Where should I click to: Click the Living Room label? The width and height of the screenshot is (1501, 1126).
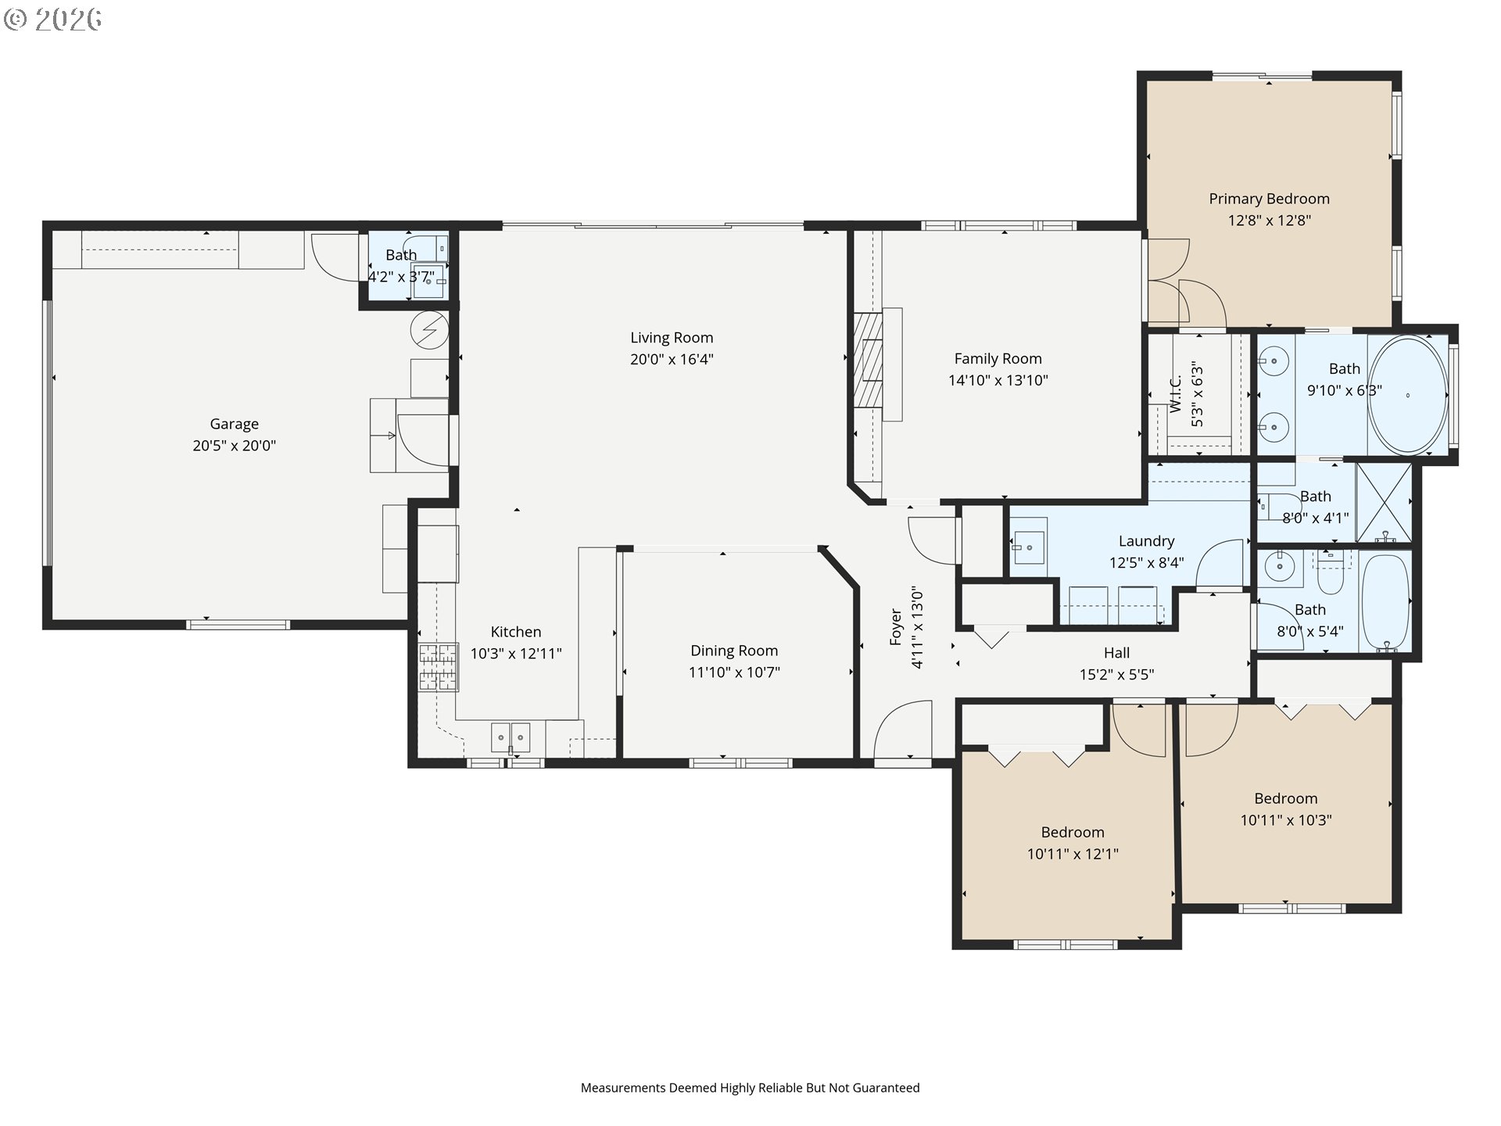[x=672, y=338]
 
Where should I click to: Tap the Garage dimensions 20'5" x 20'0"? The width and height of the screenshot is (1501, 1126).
[x=235, y=446]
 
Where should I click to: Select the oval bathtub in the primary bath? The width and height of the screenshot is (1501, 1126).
[x=1408, y=395]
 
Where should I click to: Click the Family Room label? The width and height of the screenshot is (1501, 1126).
[x=998, y=359]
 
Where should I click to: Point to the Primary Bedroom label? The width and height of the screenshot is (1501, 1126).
[x=1269, y=199]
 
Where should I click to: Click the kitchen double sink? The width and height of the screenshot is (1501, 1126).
[x=510, y=737]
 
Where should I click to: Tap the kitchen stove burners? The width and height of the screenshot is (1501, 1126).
[x=438, y=667]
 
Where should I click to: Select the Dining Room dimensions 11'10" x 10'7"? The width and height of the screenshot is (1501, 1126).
[x=734, y=672]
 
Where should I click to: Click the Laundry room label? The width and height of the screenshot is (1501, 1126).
[x=1146, y=541]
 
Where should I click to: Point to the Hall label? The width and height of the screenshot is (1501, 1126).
[x=1116, y=653]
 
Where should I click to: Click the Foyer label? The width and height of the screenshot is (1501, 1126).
[x=896, y=628]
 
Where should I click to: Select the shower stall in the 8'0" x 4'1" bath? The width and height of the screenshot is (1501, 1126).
[x=1384, y=503]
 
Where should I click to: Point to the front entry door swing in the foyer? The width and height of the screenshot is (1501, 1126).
[x=903, y=730]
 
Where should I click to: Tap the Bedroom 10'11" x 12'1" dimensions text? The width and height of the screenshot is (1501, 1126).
[x=1073, y=854]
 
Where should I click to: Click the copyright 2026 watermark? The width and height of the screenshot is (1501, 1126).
[x=53, y=20]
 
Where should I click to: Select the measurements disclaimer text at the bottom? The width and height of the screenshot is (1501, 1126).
[x=750, y=1088]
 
